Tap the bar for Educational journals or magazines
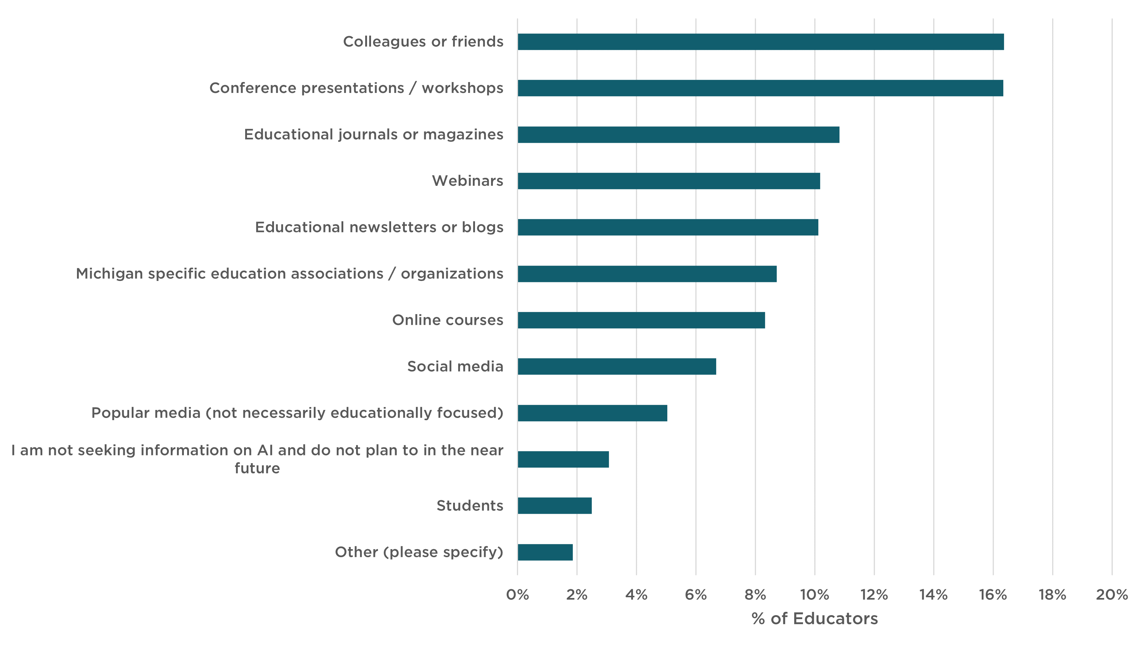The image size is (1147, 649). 678,134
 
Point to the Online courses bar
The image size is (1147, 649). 641,320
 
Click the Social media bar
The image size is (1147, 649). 617,366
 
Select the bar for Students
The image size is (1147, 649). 555,505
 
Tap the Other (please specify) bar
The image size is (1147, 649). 545,552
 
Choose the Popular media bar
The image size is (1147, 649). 592,413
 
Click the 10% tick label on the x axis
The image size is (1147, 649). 814,595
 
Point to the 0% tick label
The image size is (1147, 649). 518,595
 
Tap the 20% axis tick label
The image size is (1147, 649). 1111,595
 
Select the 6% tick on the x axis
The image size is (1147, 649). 695,595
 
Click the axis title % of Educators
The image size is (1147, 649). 814,619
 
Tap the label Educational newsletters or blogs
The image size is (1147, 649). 379,227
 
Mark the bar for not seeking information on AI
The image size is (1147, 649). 563,459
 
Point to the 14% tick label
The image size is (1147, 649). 933,595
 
